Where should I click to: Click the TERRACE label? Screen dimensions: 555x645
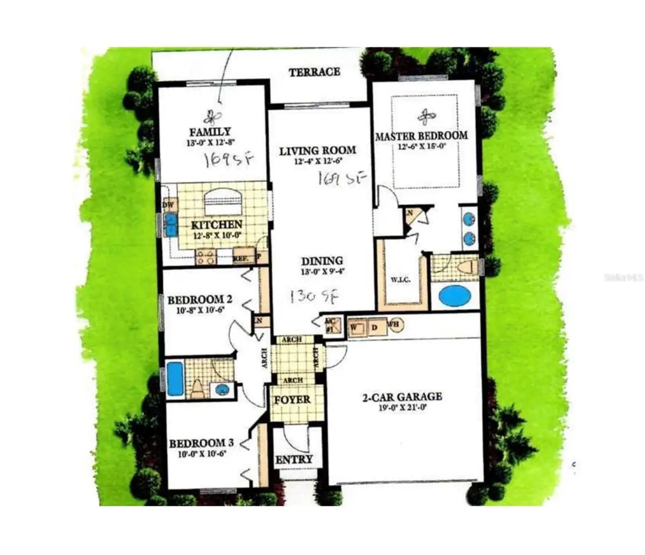(x=314, y=72)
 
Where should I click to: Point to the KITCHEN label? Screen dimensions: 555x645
(x=217, y=225)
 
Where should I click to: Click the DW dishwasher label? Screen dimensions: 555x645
(x=168, y=205)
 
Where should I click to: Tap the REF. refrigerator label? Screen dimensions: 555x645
(x=240, y=258)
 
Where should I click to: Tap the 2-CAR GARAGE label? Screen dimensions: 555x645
(x=402, y=397)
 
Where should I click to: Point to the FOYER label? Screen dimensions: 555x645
(x=292, y=400)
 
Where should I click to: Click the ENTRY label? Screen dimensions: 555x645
(x=293, y=459)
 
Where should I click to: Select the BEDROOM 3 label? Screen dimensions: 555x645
(x=201, y=443)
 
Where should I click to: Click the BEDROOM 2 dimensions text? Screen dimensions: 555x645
(x=195, y=309)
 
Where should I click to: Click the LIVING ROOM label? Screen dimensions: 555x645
(x=317, y=150)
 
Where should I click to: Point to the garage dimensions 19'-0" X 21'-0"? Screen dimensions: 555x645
(x=402, y=407)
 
